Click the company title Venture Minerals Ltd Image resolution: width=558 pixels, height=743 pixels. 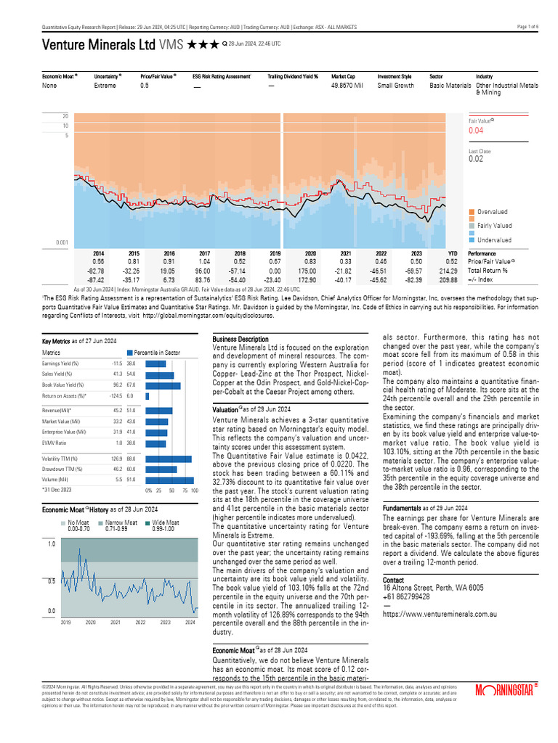pos(98,44)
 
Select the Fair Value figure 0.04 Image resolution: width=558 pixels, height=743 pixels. pos(476,131)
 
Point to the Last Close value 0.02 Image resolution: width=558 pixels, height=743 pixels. pos(475,159)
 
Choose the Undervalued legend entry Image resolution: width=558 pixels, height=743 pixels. pos(494,240)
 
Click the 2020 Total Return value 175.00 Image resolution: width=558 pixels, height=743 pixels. pos(310,270)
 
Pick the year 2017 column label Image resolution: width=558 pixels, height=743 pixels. pos(205,253)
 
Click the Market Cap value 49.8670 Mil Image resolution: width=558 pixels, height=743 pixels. pos(347,86)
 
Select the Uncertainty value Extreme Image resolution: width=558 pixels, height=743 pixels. pos(105,86)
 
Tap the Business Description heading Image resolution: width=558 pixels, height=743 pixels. pos(240,340)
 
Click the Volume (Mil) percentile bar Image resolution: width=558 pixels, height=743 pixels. pos(169,480)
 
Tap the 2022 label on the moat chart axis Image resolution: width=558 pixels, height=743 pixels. pos(140,623)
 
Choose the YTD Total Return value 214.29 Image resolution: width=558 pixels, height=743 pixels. pos(452,270)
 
